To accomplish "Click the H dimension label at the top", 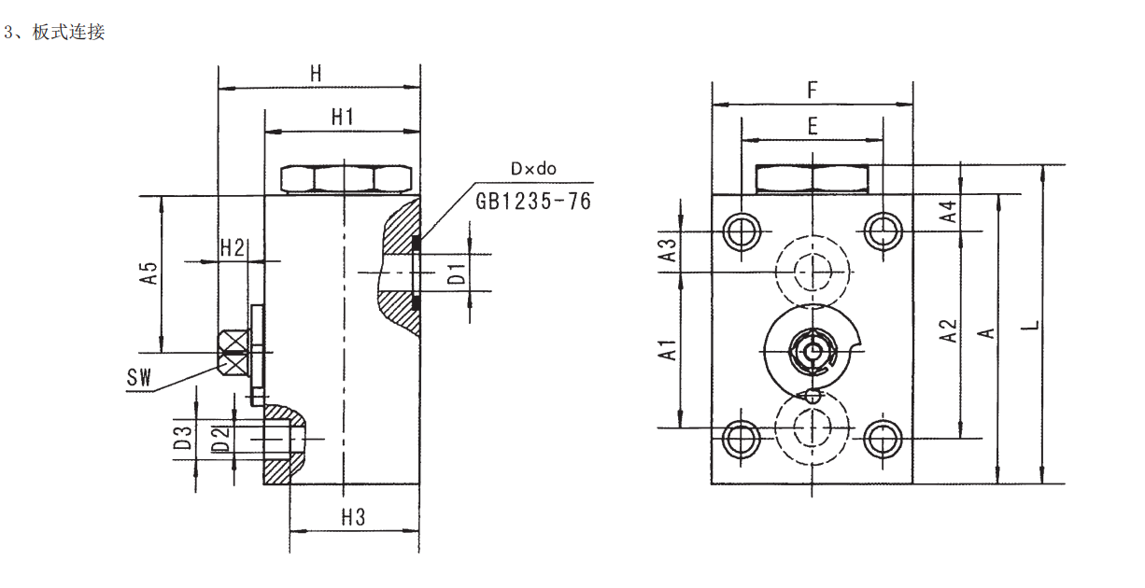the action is click(316, 74).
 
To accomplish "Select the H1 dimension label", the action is click(343, 117).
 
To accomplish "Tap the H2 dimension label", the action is click(232, 247).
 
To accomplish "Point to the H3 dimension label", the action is click(353, 517).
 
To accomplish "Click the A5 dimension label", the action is click(148, 273).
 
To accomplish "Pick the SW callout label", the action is click(139, 377).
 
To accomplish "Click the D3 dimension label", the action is click(182, 438).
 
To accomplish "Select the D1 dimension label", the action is click(457, 273).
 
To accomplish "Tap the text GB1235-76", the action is click(533, 202).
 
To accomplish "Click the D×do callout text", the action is click(533, 169).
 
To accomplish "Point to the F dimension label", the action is click(813, 90).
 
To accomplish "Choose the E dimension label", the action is click(813, 126).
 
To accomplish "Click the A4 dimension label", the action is click(948, 211).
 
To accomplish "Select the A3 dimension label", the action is click(668, 250).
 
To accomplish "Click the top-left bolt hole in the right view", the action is click(742, 231).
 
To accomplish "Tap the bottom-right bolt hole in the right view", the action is click(883, 439).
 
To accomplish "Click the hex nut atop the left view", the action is click(346, 179).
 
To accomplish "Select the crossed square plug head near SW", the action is click(233, 353).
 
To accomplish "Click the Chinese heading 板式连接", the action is click(68, 32).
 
